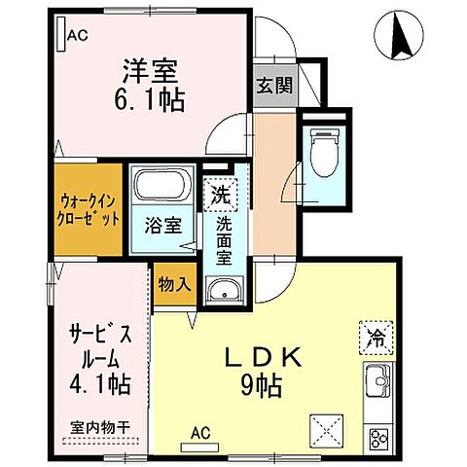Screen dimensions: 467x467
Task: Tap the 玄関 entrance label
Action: [x=274, y=86]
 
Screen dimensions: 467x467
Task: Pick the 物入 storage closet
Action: [x=173, y=286]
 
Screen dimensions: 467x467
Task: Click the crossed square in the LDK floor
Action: [x=325, y=430]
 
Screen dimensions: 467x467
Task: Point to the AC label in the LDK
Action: [x=201, y=432]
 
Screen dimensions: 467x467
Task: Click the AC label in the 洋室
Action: [x=79, y=34]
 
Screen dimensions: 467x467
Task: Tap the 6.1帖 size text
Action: [x=153, y=99]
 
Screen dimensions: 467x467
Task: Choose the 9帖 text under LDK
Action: [x=263, y=386]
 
